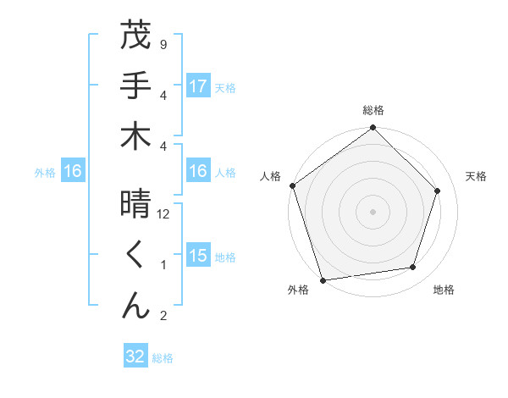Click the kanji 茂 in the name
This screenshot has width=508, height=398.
(x=135, y=36)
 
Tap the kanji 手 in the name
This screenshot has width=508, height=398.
(x=135, y=86)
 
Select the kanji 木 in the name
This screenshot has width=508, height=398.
(x=135, y=136)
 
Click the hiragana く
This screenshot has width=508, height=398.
(x=135, y=256)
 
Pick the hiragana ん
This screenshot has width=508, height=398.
(x=135, y=306)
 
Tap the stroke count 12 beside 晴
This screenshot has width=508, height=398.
(x=164, y=214)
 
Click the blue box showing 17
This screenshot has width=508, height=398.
(x=198, y=86)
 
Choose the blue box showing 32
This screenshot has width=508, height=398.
(x=135, y=357)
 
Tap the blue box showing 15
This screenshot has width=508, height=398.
(x=198, y=257)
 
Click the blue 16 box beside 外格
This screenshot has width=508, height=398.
(x=73, y=172)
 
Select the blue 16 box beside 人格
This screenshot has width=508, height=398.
(x=198, y=172)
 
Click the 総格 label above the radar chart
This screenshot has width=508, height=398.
(x=373, y=110)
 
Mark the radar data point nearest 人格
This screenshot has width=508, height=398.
(x=293, y=185)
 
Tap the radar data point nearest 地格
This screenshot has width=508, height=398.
(x=413, y=268)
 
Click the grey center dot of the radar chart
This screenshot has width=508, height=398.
(x=373, y=211)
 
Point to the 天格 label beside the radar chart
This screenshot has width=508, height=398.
(x=477, y=176)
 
